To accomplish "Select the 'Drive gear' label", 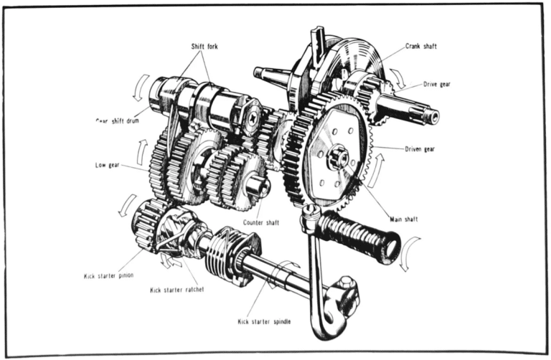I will (x=437, y=84).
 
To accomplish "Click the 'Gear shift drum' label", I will (x=118, y=120).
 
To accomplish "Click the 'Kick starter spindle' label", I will (x=264, y=321).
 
